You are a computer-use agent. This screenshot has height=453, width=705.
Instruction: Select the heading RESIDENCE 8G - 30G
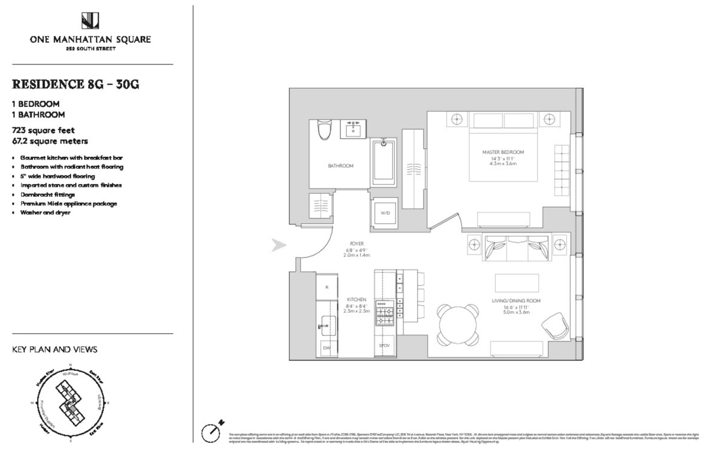[75, 83]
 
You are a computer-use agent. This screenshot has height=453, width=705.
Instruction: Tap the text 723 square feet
[43, 130]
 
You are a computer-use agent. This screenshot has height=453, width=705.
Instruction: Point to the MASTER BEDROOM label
[499, 152]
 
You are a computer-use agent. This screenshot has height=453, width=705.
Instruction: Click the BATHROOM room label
[341, 166]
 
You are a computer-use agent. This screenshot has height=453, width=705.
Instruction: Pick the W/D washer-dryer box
[385, 213]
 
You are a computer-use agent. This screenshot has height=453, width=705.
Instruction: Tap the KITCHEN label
[356, 300]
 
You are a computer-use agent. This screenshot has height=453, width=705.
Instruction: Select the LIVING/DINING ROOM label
[516, 301]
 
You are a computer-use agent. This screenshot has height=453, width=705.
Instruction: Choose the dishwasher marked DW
[327, 348]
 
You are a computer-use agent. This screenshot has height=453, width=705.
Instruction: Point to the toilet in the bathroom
[322, 130]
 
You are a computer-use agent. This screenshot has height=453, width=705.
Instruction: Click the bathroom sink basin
[354, 129]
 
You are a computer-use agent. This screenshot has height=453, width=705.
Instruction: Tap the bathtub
[385, 161]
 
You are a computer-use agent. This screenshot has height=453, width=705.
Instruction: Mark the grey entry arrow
[278, 245]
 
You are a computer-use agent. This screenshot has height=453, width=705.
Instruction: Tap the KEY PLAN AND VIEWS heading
[55, 350]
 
